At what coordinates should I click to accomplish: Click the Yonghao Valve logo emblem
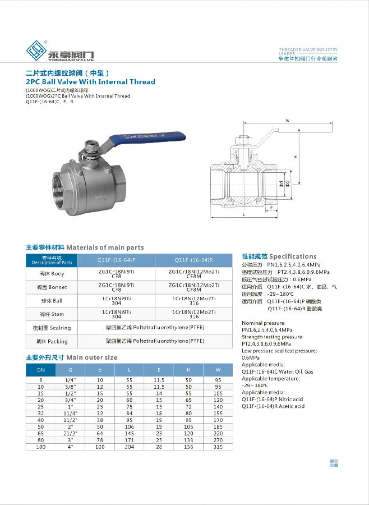(38, 51)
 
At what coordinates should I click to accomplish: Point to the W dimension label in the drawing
(287, 121)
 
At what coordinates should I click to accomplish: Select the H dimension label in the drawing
(294, 158)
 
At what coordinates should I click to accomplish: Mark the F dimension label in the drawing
(271, 207)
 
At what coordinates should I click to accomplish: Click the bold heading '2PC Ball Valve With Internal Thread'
(90, 82)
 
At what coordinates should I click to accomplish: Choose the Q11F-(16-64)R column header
(193, 260)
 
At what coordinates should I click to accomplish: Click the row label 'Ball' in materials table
(52, 301)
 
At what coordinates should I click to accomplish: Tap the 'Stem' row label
(52, 314)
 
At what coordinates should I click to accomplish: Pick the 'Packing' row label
(52, 341)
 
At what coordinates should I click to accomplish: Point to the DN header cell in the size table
(41, 370)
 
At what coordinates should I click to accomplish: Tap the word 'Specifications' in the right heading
(293, 256)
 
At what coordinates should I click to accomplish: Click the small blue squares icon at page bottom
(334, 463)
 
